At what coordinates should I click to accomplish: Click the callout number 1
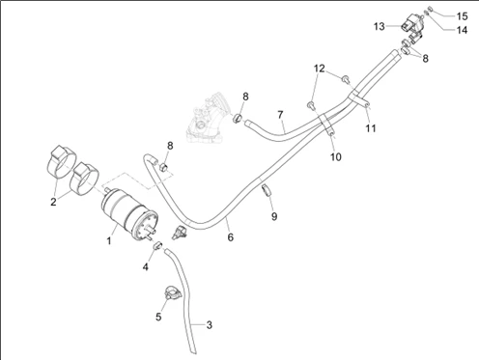pyautogui.click(x=109, y=240)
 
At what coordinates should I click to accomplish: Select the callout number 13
pyautogui.click(x=380, y=26)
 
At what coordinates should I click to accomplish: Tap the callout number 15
pyautogui.click(x=462, y=16)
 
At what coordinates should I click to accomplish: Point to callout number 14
pyautogui.click(x=462, y=30)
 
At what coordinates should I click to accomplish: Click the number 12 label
pyautogui.click(x=320, y=69)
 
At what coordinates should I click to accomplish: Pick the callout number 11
pyautogui.click(x=371, y=128)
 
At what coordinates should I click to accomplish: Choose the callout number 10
pyautogui.click(x=335, y=157)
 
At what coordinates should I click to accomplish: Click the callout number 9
pyautogui.click(x=274, y=216)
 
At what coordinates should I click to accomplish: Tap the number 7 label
pyautogui.click(x=280, y=115)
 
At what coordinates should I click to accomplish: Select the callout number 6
pyautogui.click(x=231, y=237)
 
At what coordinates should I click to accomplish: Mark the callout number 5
pyautogui.click(x=158, y=317)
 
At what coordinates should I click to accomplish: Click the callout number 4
pyautogui.click(x=146, y=266)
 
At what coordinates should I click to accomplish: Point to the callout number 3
pyautogui.click(x=210, y=325)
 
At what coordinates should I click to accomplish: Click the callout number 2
pyautogui.click(x=53, y=202)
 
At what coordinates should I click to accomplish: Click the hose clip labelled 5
pyautogui.click(x=172, y=293)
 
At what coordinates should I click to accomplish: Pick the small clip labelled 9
pyautogui.click(x=267, y=190)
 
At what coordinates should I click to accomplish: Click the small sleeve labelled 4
pyautogui.click(x=157, y=245)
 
